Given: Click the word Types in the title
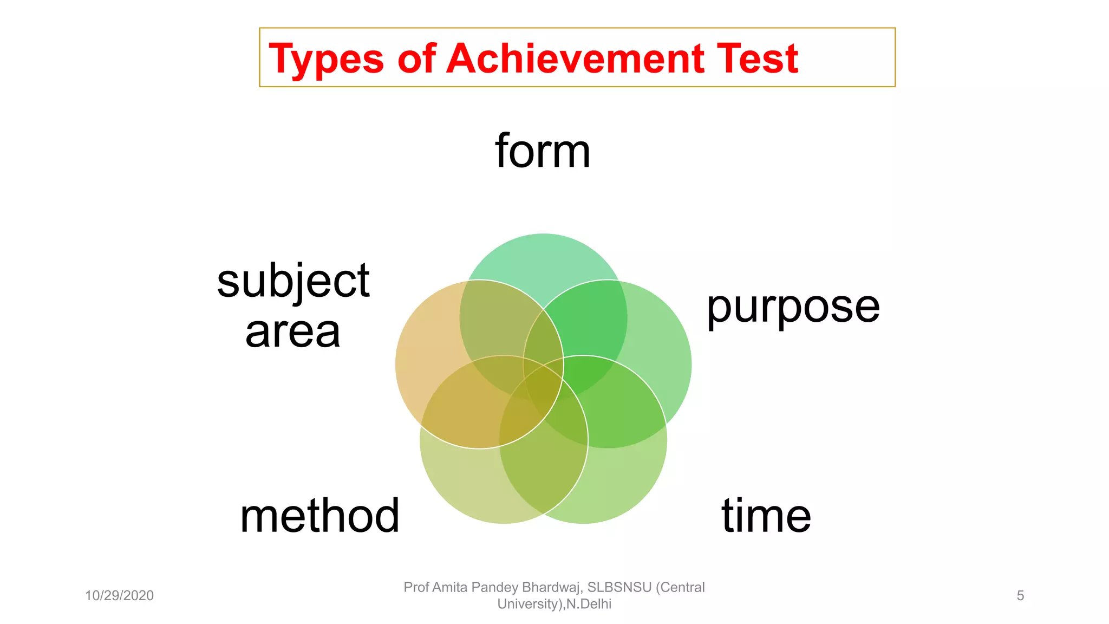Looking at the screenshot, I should tap(326, 59).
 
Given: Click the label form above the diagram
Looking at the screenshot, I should tap(543, 151).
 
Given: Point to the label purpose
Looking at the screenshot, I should tap(793, 308).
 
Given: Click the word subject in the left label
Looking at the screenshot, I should tap(293, 282).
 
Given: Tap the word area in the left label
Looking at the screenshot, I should tap(293, 331).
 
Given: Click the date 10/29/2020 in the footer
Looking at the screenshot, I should tap(119, 596).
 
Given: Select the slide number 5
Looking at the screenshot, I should tap(1020, 596).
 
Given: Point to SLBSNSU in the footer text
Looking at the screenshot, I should tap(619, 588).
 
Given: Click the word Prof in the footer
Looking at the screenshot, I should tap(416, 588).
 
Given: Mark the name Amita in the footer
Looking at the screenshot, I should tap(451, 588).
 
